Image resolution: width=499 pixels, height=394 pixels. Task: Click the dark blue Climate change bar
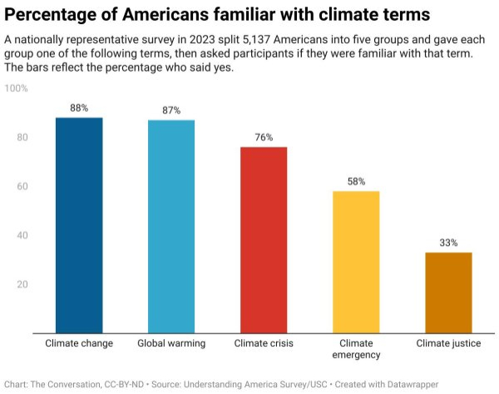point(79,225)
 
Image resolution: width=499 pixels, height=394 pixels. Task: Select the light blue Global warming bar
point(171,227)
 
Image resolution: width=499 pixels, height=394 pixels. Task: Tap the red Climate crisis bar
point(264,240)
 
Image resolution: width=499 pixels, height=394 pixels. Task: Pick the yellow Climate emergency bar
point(356,262)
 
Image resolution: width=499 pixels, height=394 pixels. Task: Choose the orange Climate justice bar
point(448,292)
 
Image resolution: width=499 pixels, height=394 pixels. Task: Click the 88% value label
point(79,108)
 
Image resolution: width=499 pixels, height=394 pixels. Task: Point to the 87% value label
point(171,111)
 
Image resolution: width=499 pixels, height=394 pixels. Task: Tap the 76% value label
point(264,137)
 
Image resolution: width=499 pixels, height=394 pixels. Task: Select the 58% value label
point(356,182)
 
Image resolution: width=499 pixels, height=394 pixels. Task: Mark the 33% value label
point(448,242)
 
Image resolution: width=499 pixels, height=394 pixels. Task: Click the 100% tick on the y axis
point(17,88)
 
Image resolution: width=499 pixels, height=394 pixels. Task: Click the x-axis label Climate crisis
point(264,343)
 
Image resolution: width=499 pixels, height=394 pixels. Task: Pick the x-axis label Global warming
point(171,343)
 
